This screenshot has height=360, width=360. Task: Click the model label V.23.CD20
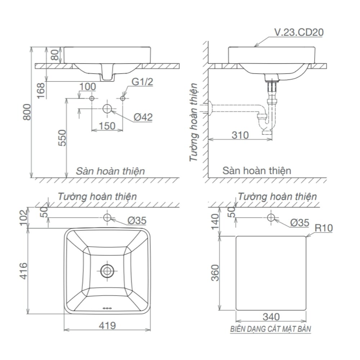pos(299,32)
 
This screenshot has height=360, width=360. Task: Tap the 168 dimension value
pos(40,88)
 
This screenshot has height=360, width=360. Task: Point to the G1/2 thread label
pos(142,82)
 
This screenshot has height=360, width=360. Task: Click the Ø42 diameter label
pos(143,117)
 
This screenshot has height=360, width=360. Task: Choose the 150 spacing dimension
pos(107,126)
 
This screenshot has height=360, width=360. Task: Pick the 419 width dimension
pos(107,326)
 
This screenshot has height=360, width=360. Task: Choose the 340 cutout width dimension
pos(271,317)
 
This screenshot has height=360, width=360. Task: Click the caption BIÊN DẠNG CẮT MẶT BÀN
pos(271,329)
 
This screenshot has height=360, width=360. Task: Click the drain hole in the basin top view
pos(107,270)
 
